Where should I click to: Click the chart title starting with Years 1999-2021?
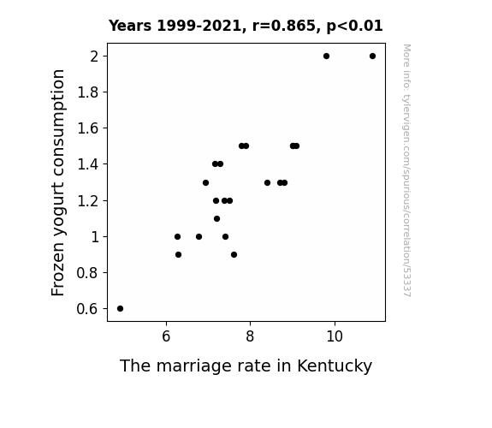coord(246,26)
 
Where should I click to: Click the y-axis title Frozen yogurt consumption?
coord(58,182)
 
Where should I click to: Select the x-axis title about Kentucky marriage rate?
coord(246,366)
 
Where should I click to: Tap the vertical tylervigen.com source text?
coord(406,170)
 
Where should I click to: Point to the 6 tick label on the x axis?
coord(166,336)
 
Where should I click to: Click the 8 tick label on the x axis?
coord(250,336)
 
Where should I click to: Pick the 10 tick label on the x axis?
coord(335,336)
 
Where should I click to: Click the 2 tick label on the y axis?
coord(94,56)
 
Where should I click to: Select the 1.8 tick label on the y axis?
coord(87,92)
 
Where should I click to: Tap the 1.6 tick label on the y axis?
coord(87,128)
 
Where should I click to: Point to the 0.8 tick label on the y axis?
coord(87,273)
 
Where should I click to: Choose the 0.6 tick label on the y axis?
coord(87,309)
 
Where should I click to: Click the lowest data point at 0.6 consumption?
coord(120,309)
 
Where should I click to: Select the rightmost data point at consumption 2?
coord(372,56)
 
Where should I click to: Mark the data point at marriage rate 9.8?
coord(326,56)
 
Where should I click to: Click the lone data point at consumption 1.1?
coord(216,218)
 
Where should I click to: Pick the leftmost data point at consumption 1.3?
coord(206,182)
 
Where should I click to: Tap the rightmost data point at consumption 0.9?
coord(234,255)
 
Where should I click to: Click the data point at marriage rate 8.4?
coord(267,182)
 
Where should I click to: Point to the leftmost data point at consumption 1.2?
coord(216,200)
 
